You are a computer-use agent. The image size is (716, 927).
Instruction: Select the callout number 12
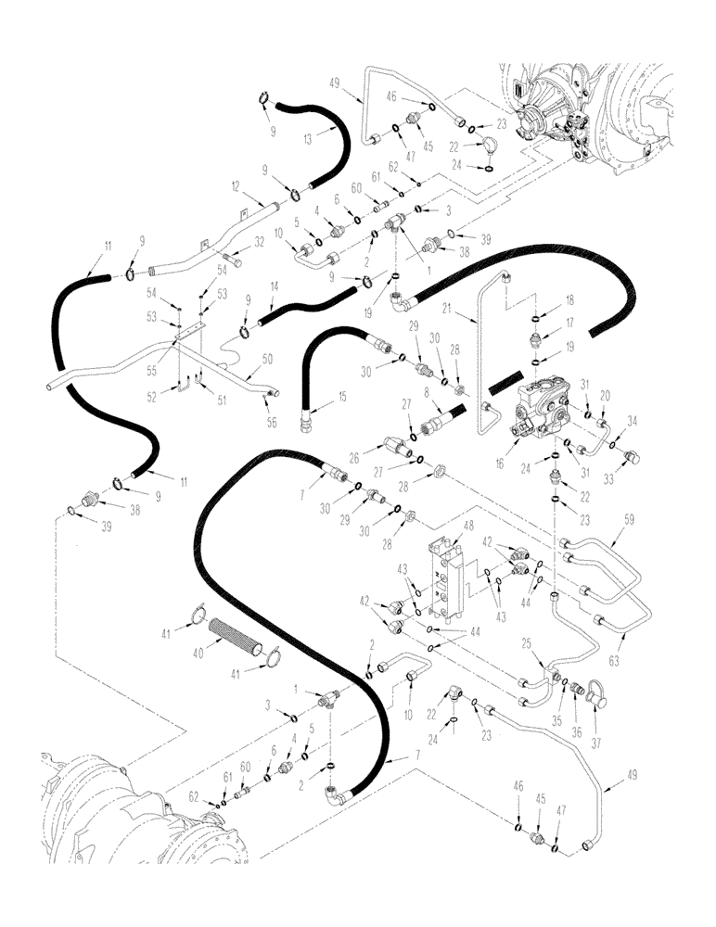(237, 185)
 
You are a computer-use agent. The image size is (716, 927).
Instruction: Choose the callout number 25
(523, 642)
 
